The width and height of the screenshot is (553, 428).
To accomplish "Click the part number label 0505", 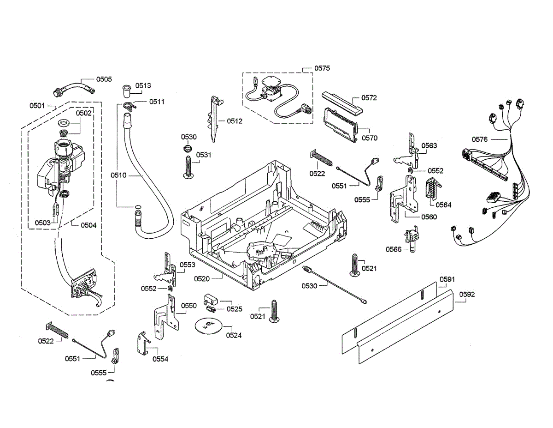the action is click(x=104, y=79).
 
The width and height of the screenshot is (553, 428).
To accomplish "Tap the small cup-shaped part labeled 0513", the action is click(x=126, y=91).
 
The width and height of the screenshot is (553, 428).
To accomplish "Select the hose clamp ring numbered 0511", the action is click(x=129, y=106).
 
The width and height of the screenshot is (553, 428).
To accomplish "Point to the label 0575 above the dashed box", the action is click(x=322, y=68).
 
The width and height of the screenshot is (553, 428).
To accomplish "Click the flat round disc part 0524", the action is click(x=208, y=326).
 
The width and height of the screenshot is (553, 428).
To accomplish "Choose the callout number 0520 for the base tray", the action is click(x=202, y=278).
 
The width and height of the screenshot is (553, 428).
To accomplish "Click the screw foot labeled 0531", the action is click(x=188, y=167).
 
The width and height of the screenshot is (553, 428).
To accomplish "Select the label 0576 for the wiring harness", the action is click(x=480, y=139).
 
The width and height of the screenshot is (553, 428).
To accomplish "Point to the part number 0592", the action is click(x=467, y=295).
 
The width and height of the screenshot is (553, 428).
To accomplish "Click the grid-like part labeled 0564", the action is click(x=433, y=187).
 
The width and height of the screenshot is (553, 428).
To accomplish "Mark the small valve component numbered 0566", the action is click(x=411, y=239).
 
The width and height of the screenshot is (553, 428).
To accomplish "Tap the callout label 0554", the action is click(x=160, y=359).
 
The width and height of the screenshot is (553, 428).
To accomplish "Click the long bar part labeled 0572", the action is click(x=342, y=102).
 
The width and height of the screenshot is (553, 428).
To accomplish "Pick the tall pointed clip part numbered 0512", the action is click(x=215, y=119).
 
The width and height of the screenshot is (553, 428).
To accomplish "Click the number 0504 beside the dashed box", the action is click(x=88, y=225).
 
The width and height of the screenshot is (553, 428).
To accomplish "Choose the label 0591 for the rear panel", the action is click(x=447, y=279).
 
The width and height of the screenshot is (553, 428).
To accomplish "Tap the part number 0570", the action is click(x=370, y=138).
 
